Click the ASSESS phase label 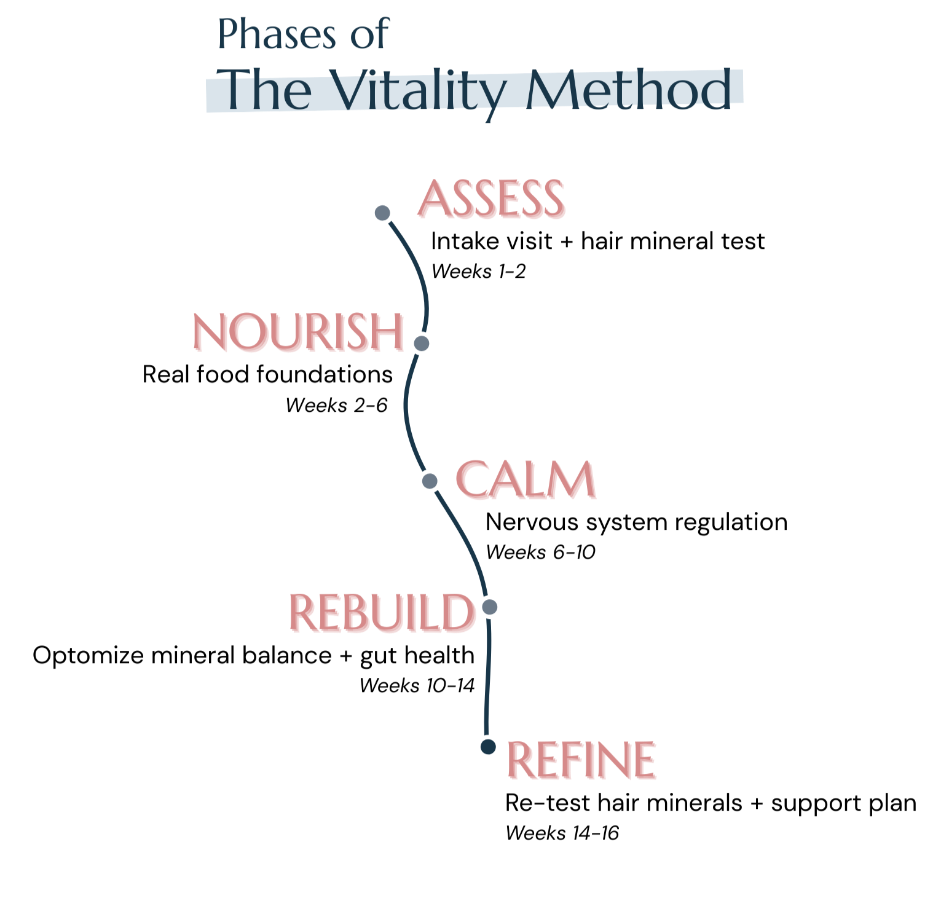pos(490,199)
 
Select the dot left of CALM pos(430,481)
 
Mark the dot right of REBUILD pos(489,607)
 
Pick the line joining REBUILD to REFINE pos(486,676)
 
